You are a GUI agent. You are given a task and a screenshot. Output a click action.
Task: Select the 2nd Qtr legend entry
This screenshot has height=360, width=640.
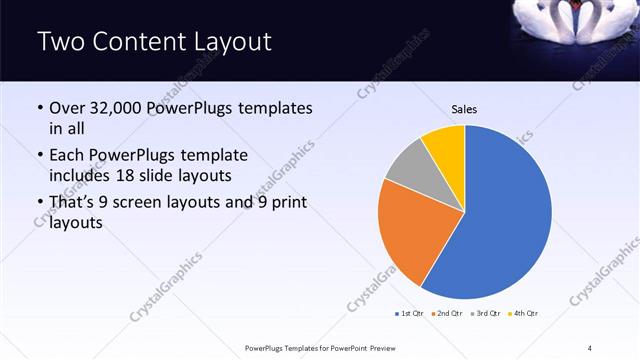coord(446,314)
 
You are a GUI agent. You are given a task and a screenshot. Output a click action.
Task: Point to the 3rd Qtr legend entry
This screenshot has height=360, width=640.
coord(485,314)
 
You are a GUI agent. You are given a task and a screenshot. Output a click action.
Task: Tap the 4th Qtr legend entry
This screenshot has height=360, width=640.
coord(523,314)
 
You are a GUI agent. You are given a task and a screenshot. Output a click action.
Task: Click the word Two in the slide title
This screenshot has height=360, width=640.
coord(62,42)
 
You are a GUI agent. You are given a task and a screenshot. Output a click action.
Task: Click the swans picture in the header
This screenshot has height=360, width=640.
coord(573,30)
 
